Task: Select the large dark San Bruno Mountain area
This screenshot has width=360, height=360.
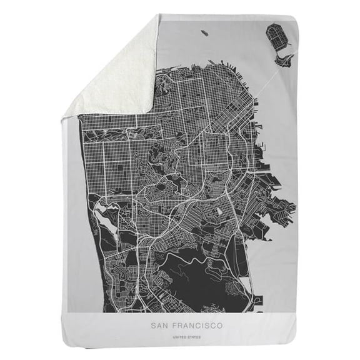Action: (200, 275)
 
